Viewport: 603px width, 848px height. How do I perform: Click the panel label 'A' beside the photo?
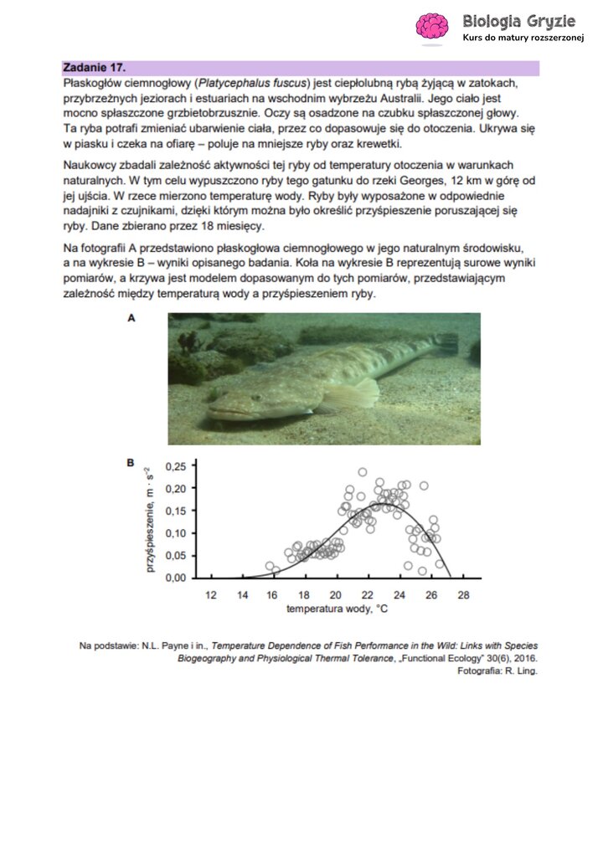[x=131, y=318]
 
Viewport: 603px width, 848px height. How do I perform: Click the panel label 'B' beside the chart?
[x=131, y=462]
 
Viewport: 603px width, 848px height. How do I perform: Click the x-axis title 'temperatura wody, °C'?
[x=337, y=609]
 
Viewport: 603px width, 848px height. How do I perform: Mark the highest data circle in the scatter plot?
[x=363, y=472]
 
